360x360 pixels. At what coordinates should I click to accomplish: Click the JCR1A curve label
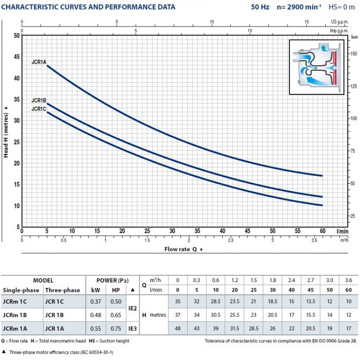(39, 62)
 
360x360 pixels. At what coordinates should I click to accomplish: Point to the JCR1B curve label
(39, 100)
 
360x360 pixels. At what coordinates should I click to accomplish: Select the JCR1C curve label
(39, 109)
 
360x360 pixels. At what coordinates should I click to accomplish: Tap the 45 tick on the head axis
(17, 57)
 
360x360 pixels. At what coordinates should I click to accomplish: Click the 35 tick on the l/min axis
(197, 231)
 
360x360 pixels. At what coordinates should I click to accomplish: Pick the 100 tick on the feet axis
(354, 118)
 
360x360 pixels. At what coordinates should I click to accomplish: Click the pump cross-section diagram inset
(317, 67)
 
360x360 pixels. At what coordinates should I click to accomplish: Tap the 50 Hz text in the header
(260, 7)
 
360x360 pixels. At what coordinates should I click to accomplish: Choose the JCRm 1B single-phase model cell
(15, 315)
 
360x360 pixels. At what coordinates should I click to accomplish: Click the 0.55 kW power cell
(95, 328)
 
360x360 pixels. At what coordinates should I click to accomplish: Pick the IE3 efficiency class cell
(132, 328)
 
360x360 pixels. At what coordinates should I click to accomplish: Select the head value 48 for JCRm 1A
(178, 328)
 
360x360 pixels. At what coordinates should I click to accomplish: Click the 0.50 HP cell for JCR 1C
(116, 301)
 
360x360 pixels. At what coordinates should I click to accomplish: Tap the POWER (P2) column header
(112, 280)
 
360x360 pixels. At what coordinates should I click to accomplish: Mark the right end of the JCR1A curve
(322, 176)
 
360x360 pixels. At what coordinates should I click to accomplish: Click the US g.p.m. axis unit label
(340, 22)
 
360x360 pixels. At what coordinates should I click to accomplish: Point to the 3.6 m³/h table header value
(348, 280)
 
